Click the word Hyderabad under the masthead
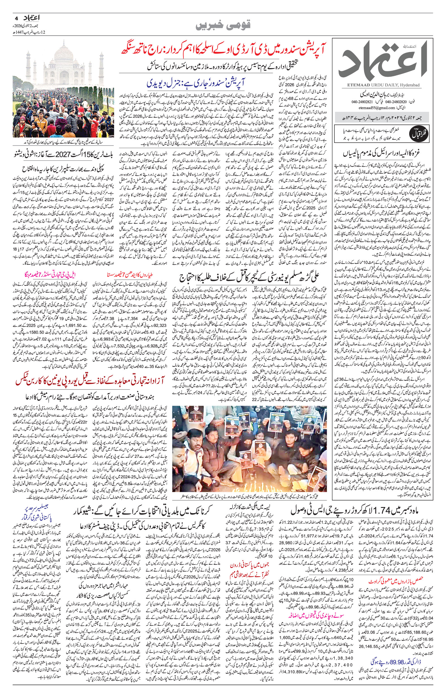pyautogui.click(x=411, y=85)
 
